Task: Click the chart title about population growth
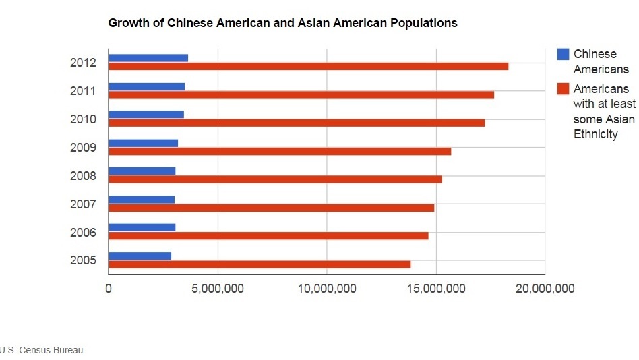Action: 282,23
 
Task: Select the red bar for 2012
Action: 308,66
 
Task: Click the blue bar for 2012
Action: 148,58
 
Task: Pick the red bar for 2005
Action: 260,264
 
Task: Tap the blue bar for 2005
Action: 140,256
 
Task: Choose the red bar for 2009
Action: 280,151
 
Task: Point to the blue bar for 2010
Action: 146,115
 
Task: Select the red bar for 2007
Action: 271,208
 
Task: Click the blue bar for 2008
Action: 142,171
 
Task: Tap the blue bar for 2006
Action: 142,228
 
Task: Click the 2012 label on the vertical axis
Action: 83,63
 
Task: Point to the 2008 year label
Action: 83,176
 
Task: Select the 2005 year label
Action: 83,261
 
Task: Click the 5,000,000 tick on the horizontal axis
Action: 218,289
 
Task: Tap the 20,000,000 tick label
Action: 544,289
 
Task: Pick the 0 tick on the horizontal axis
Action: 109,289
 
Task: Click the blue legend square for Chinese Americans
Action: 563,54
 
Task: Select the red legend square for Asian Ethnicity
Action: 563,89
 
